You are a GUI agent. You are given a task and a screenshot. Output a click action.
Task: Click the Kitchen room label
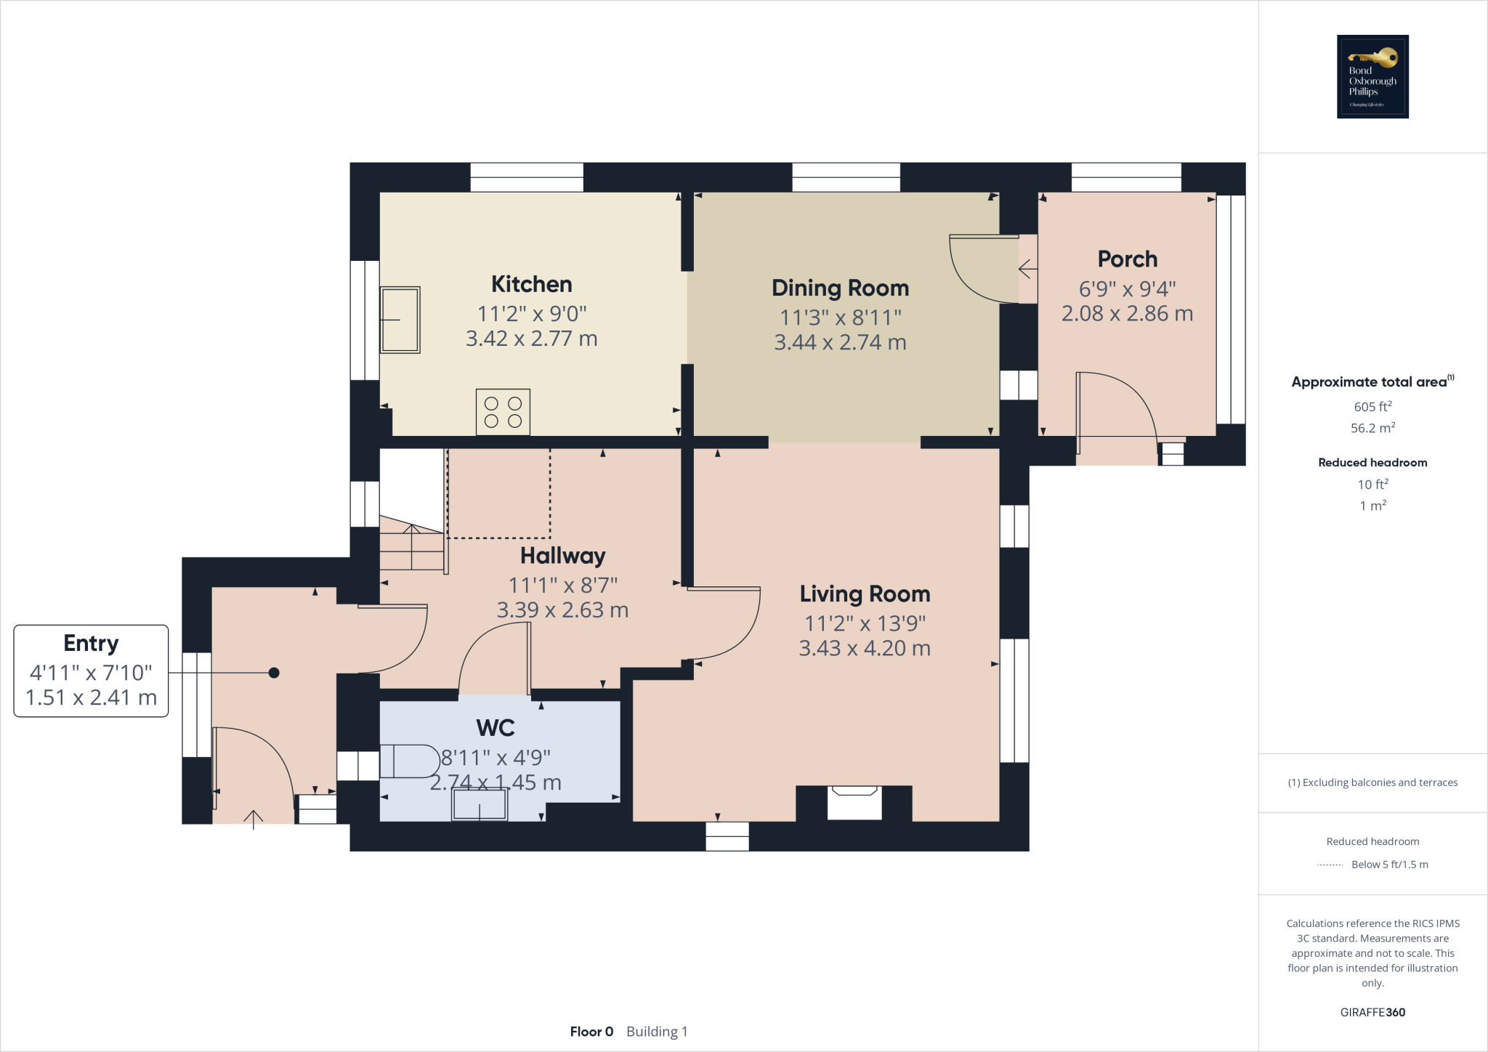pos(531,284)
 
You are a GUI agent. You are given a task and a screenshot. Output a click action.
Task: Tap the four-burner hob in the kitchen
pos(503,412)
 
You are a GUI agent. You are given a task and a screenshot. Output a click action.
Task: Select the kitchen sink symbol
pos(400,320)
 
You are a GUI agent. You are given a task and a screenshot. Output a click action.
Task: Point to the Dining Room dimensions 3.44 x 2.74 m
pos(840,342)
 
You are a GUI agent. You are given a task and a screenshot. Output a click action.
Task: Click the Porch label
pos(1127,259)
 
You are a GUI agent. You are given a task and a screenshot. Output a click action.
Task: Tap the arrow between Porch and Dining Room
pos(1027,270)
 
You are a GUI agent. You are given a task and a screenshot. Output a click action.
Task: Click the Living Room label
pos(865,594)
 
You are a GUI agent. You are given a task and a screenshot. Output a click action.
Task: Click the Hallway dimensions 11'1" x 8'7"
pos(562,585)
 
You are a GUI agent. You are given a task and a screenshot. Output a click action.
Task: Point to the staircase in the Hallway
pos(411,545)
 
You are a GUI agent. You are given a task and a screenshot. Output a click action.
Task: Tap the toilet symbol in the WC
pos(409,761)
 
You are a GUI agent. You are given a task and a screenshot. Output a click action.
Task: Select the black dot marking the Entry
pos(274,673)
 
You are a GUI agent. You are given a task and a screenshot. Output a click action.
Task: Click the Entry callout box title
pos(91,643)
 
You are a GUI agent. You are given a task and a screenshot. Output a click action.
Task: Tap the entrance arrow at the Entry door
pos(253,820)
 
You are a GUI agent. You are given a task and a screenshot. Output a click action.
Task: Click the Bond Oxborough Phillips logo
pos(1372,76)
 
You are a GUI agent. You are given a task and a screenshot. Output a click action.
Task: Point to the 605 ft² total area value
pos(1372,407)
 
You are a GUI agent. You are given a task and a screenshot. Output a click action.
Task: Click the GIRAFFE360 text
pos(1372,1012)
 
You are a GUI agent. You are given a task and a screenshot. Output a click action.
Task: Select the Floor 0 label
pos(591,1032)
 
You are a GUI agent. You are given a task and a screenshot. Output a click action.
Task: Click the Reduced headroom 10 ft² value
pos(1372,484)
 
